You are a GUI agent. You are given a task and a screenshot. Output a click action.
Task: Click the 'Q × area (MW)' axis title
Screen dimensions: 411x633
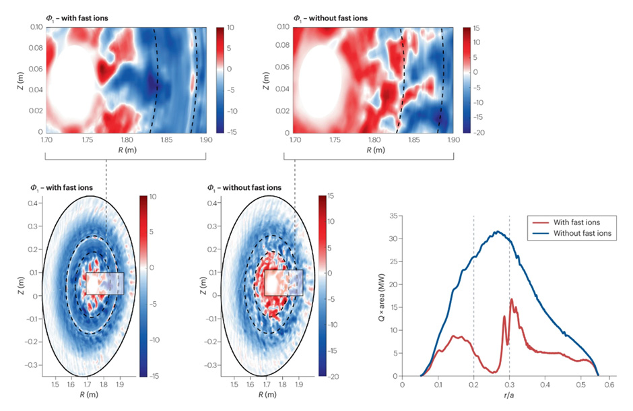click(x=382, y=296)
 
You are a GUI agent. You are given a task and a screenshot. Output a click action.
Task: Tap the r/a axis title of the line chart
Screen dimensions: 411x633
click(x=505, y=399)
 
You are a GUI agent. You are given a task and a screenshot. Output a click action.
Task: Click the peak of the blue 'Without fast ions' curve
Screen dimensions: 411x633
click(x=497, y=232)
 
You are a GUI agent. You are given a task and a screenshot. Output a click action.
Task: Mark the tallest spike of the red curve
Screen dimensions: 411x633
click(x=512, y=299)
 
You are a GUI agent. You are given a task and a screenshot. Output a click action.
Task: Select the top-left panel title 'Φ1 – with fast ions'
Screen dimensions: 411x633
click(x=73, y=18)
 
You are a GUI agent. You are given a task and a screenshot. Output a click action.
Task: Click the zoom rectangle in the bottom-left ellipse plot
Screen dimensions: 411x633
click(x=105, y=283)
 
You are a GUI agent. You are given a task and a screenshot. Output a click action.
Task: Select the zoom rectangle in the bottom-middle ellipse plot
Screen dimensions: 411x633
click(x=284, y=282)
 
